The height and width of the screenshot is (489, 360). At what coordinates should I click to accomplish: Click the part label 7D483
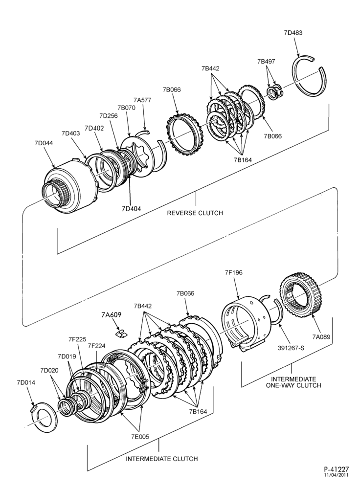293,32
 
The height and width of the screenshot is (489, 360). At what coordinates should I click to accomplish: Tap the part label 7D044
44,143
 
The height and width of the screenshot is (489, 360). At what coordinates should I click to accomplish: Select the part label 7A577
142,100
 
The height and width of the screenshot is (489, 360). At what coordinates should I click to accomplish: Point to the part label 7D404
132,209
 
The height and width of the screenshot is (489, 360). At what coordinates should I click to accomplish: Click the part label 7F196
234,272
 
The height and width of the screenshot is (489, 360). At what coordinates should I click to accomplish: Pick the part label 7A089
321,336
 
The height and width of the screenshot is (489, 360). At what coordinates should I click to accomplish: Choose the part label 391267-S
291,347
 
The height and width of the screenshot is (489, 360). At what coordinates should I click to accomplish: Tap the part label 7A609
111,314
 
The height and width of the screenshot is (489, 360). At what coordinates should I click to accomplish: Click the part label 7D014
26,383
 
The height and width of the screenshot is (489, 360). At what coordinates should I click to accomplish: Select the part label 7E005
140,437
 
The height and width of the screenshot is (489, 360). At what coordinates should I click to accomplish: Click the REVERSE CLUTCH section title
195,213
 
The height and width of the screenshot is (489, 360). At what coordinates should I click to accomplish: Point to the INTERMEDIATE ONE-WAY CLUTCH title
293,382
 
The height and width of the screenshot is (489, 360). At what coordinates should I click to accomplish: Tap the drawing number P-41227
337,469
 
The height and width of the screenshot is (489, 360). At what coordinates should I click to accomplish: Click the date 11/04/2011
337,475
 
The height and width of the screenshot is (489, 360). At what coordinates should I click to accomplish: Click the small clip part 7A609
121,333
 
